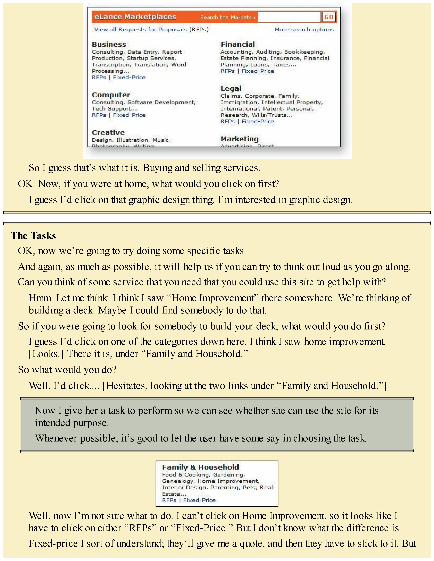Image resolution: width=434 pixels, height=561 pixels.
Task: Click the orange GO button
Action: click(329, 17)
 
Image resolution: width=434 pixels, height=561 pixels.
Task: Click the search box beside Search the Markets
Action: click(289, 17)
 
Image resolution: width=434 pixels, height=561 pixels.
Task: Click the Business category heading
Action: click(109, 44)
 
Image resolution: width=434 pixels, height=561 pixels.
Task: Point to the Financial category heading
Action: click(238, 44)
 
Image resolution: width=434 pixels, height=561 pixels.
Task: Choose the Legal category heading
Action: click(231, 89)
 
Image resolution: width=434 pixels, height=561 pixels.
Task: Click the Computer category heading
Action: click(111, 95)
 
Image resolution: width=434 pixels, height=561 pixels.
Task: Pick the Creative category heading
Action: click(108, 133)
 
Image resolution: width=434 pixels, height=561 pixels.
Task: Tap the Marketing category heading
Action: click(239, 139)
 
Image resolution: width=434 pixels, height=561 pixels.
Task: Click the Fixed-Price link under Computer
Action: click(129, 115)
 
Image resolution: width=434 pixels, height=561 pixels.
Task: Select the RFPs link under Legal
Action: click(228, 122)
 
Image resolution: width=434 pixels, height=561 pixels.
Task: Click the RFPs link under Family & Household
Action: click(169, 500)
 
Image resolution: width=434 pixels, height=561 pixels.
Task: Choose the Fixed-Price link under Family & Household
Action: click(199, 500)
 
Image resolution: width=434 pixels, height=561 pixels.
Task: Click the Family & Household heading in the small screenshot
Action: click(200, 467)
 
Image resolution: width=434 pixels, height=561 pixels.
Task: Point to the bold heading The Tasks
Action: click(33, 236)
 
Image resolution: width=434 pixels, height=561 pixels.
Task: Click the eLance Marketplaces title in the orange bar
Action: click(135, 17)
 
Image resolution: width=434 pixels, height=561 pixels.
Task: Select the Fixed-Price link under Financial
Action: click(258, 71)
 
